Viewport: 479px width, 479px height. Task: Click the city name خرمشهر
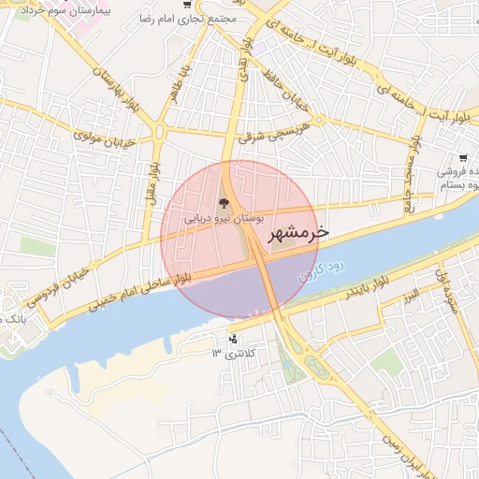pyautogui.click(x=298, y=234)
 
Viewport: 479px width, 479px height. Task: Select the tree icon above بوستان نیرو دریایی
pyautogui.click(x=223, y=201)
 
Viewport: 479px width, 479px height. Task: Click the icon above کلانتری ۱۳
pyautogui.click(x=233, y=338)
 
